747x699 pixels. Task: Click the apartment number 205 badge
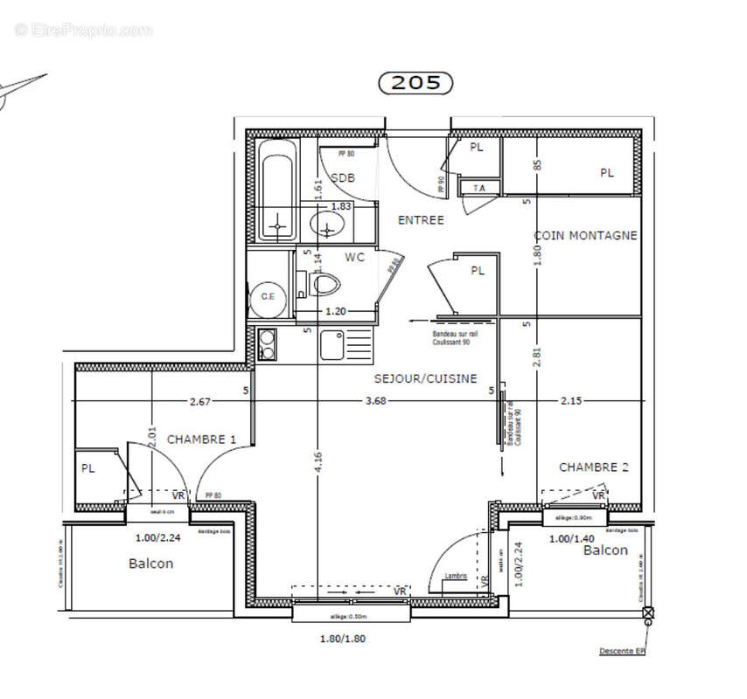[415, 83]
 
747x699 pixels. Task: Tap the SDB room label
[343, 178]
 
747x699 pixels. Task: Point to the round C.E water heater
[268, 296]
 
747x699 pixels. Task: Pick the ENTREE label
[421, 220]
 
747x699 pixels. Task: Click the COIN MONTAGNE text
[585, 235]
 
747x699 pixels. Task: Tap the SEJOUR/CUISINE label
[425, 378]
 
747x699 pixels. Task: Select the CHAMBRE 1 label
[201, 439]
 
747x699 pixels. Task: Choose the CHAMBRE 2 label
[594, 467]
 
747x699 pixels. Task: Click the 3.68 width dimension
[376, 402]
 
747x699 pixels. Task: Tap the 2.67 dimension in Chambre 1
[200, 402]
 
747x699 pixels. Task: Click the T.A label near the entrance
[479, 188]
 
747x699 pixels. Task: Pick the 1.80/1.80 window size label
[343, 639]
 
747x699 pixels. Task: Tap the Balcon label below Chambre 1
[150, 564]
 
